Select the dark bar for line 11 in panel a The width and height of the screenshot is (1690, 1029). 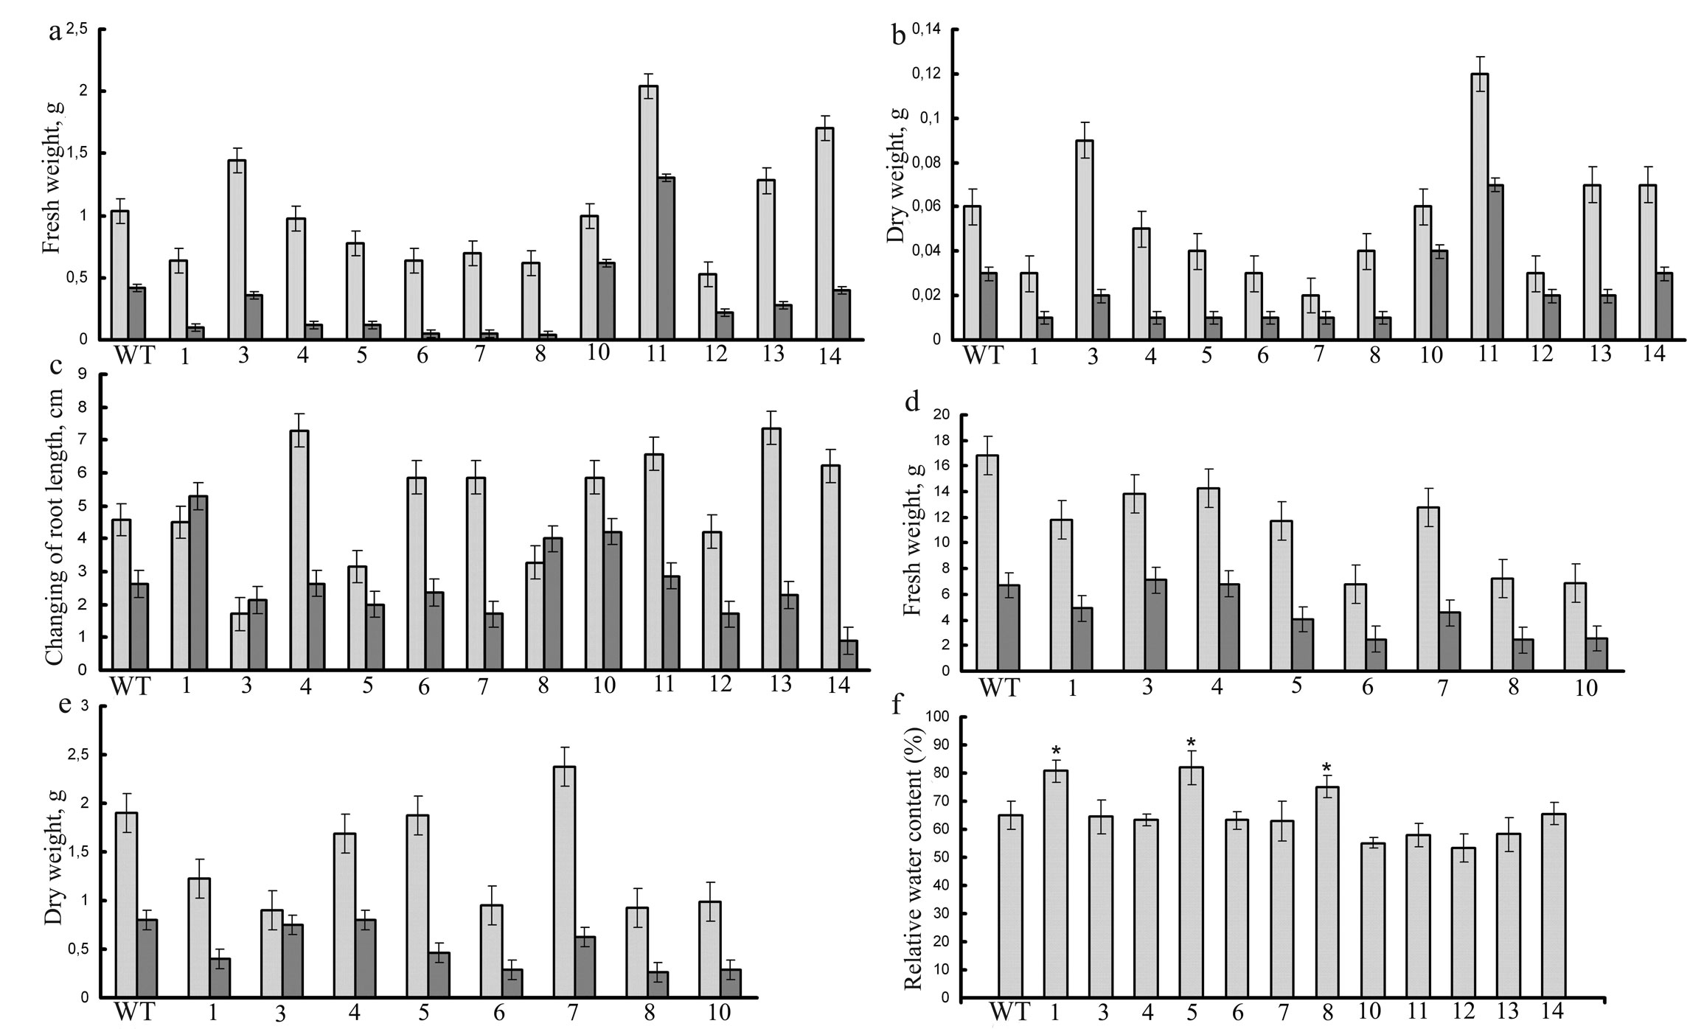tap(666, 258)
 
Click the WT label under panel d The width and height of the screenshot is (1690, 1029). tap(999, 688)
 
